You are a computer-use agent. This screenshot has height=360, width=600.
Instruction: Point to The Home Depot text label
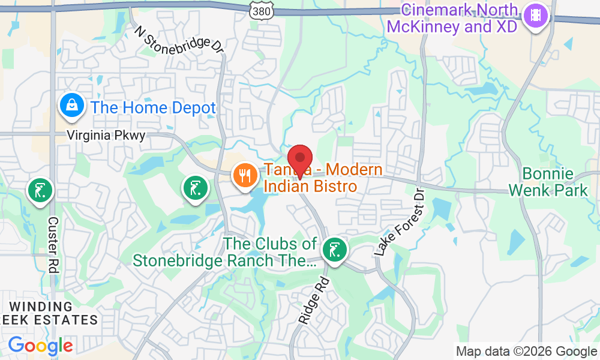pyautogui.click(x=153, y=108)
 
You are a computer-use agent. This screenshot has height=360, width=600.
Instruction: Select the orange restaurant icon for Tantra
pyautogui.click(x=245, y=175)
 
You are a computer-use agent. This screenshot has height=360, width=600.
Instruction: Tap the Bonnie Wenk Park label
pyautogui.click(x=548, y=182)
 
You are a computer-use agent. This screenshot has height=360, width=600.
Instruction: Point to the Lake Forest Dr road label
pyautogui.click(x=400, y=222)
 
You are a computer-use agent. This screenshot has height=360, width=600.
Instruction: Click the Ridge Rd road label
pyautogui.click(x=314, y=300)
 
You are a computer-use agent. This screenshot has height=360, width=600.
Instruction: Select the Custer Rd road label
pyautogui.click(x=53, y=245)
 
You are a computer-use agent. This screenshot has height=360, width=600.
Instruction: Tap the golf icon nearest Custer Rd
pyautogui.click(x=40, y=191)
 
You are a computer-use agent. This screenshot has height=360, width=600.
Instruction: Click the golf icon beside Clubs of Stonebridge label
pyautogui.click(x=333, y=250)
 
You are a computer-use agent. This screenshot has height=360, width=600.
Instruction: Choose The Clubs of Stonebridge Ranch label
pyautogui.click(x=225, y=252)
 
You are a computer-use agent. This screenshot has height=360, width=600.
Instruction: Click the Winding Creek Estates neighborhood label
pyautogui.click(x=49, y=313)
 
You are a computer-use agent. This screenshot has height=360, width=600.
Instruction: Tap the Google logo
pyautogui.click(x=40, y=346)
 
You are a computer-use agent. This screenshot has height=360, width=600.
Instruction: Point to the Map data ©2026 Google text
pyautogui.click(x=526, y=352)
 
